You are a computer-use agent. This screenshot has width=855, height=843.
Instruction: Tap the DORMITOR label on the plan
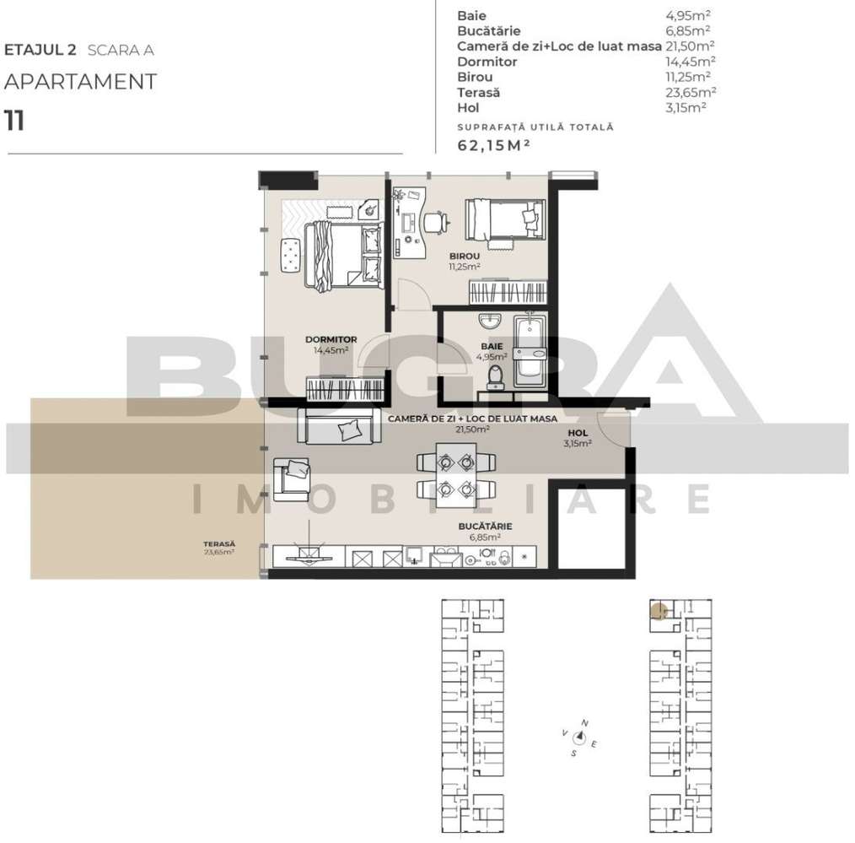click(331, 339)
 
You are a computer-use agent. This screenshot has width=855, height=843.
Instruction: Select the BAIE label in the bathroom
click(492, 346)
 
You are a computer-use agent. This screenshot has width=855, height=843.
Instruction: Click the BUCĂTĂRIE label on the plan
click(485, 526)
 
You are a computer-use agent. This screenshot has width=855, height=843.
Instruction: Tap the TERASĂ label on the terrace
click(218, 544)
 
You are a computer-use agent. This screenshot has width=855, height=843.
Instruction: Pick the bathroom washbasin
click(489, 322)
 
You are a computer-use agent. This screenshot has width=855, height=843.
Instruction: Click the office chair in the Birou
click(434, 222)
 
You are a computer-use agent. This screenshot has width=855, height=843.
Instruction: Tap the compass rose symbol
click(580, 738)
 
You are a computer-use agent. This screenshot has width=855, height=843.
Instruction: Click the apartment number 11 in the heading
click(14, 121)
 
